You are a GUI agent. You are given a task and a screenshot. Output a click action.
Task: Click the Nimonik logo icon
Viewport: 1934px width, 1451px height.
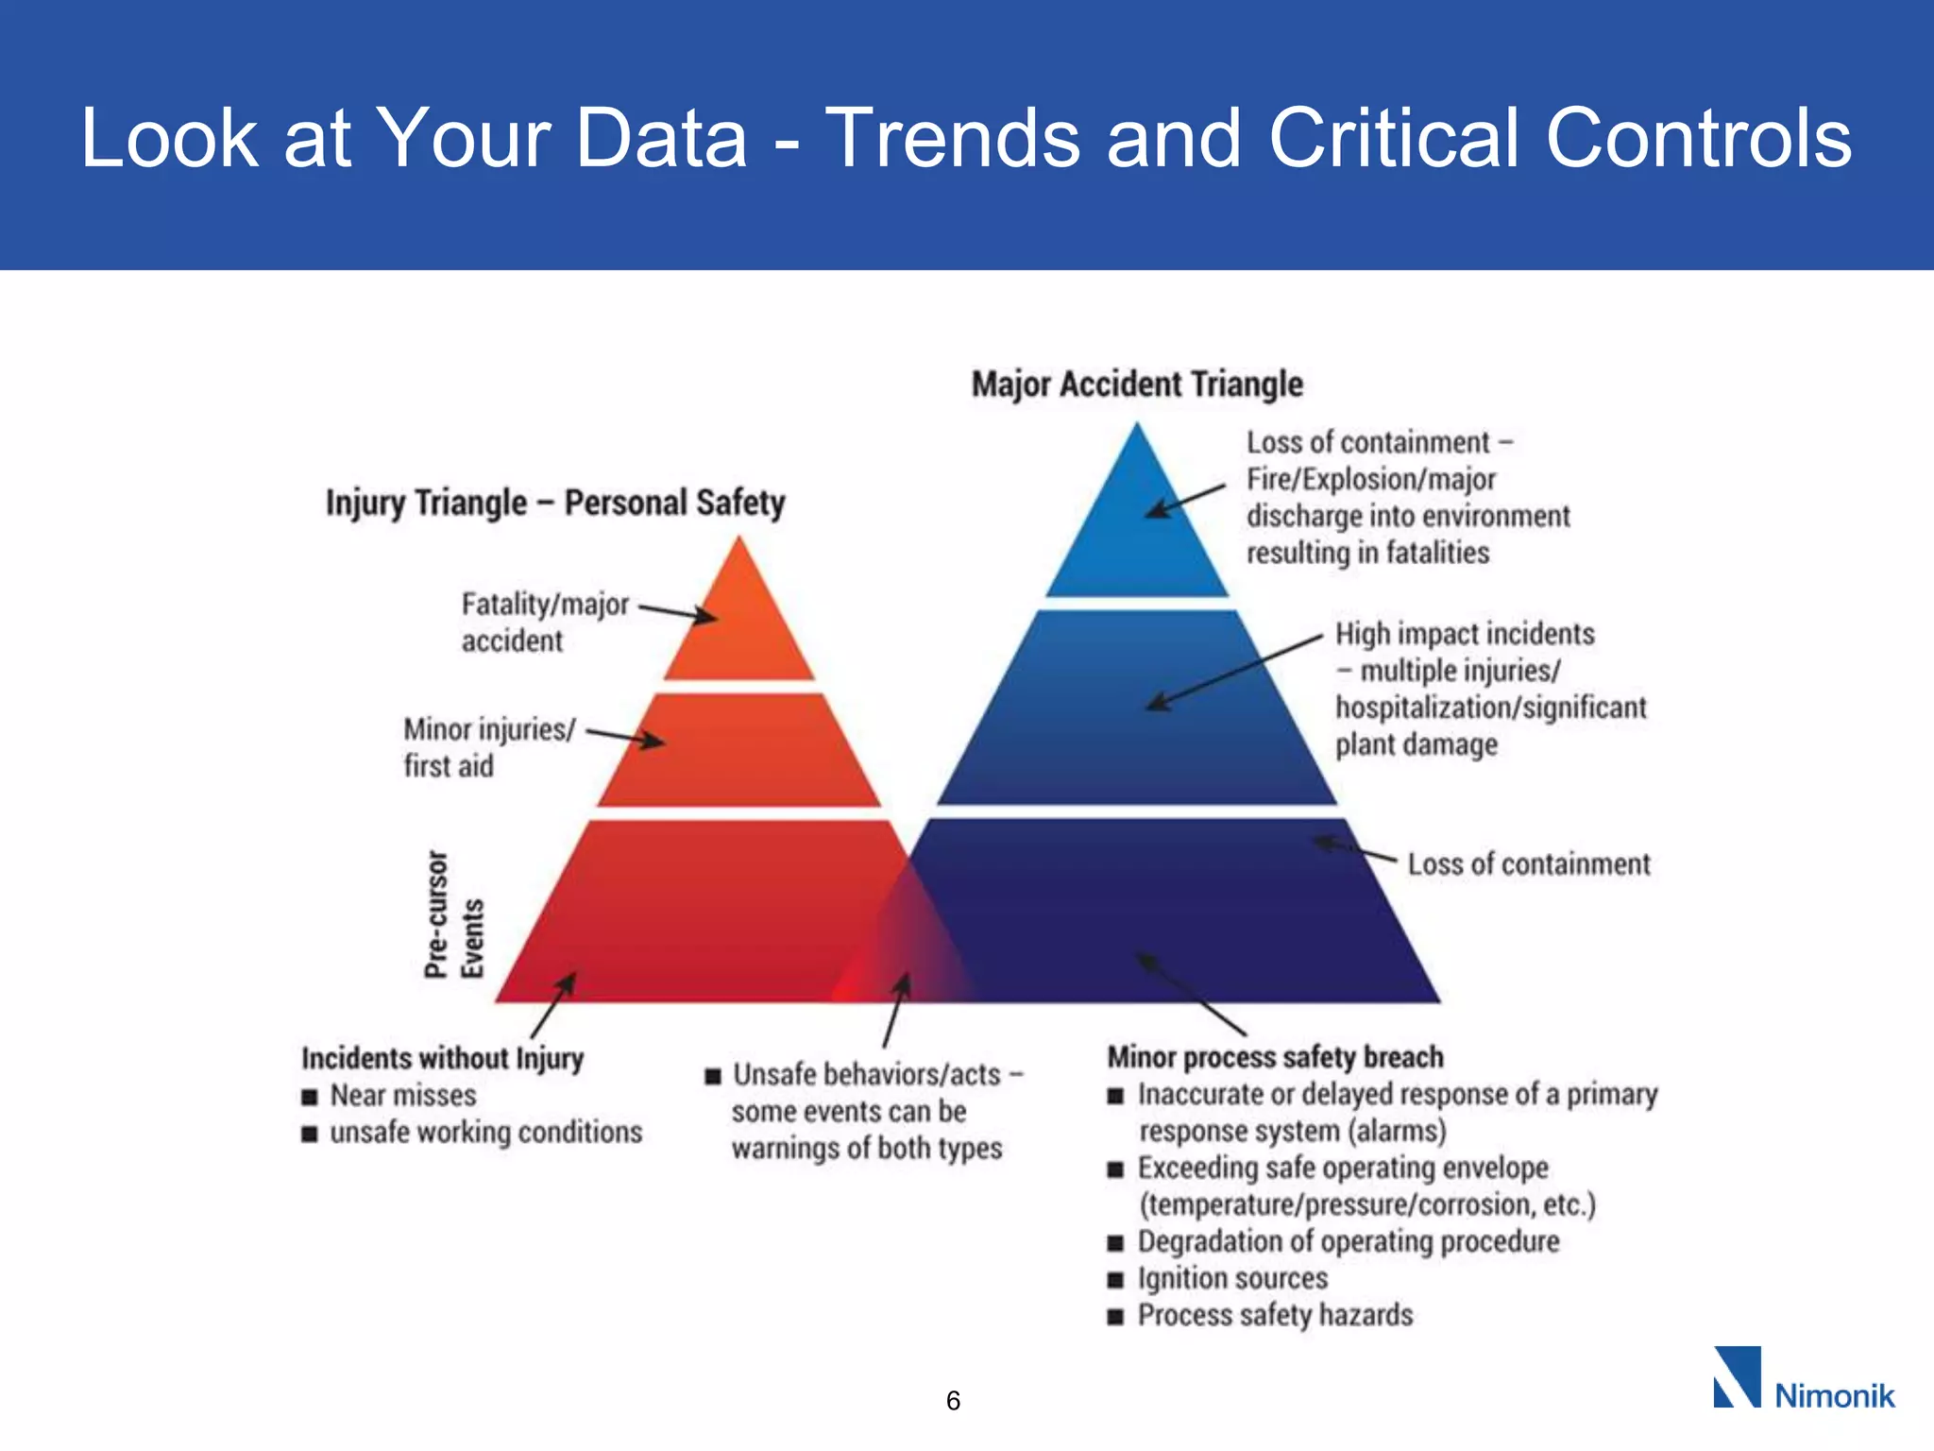1736,1377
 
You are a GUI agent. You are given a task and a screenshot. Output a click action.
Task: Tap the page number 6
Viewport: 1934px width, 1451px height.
953,1401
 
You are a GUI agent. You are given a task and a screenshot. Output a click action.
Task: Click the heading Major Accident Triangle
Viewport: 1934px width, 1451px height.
1137,384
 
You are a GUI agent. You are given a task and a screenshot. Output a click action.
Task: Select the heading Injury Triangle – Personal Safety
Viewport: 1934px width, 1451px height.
555,503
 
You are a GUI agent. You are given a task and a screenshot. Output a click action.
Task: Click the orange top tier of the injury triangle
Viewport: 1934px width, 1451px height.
739,628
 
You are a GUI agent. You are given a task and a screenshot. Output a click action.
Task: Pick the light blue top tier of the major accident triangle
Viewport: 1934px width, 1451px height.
1137,538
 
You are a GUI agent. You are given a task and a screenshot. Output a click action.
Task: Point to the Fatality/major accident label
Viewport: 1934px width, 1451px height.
544,622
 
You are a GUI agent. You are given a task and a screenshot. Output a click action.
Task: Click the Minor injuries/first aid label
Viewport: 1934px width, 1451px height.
488,747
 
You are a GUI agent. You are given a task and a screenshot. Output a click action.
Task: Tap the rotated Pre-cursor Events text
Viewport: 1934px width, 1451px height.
453,914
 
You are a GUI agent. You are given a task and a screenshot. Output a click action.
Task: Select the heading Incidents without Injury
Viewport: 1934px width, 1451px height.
442,1058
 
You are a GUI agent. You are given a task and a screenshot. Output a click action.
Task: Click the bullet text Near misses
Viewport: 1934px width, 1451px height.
403,1096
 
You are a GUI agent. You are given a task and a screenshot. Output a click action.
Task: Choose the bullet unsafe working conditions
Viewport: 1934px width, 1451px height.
485,1133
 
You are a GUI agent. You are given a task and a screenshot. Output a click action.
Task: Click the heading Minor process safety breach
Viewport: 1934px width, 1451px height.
1275,1057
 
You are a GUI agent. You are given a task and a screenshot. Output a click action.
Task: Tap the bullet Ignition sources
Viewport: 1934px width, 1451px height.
1232,1279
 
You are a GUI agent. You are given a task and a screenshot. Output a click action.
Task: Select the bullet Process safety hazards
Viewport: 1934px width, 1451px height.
1275,1316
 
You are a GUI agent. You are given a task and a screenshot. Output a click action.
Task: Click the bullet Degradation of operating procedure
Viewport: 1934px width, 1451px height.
1348,1242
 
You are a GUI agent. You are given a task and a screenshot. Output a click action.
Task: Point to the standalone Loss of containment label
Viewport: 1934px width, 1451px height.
1528,864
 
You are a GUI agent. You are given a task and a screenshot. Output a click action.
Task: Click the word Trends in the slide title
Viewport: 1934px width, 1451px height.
953,138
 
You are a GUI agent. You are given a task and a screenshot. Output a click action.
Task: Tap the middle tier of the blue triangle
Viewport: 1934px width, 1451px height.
1137,718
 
